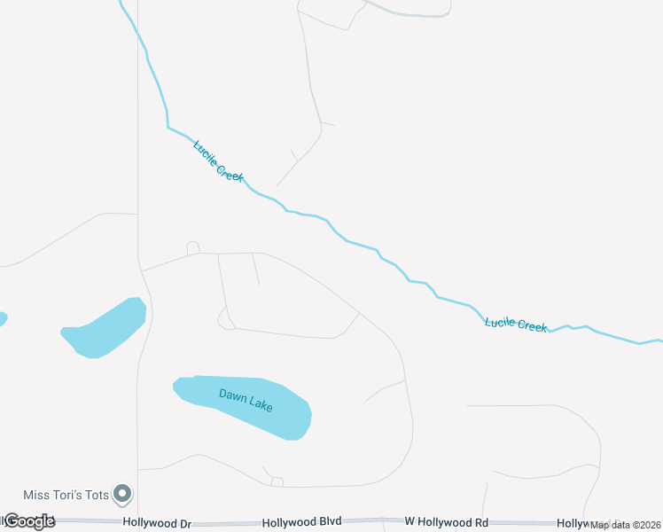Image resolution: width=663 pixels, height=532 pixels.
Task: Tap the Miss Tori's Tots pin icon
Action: pyautogui.click(x=124, y=493)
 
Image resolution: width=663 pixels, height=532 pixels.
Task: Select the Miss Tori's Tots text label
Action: pyautogui.click(x=66, y=494)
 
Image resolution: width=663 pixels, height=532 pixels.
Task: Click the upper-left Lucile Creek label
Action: pyautogui.click(x=218, y=160)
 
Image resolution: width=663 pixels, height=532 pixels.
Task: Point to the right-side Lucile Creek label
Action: pyautogui.click(x=516, y=324)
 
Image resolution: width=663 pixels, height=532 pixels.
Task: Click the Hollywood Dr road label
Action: pyautogui.click(x=157, y=524)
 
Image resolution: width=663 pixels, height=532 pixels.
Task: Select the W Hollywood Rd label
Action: pyautogui.click(x=446, y=524)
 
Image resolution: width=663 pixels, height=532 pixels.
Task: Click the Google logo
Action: pyautogui.click(x=28, y=521)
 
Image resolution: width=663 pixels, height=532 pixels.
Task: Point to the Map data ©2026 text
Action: pyautogui.click(x=626, y=525)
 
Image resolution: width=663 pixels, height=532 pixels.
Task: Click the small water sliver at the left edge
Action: pyautogui.click(x=2, y=318)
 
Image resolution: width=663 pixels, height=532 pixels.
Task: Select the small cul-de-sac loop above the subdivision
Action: pyautogui.click(x=193, y=247)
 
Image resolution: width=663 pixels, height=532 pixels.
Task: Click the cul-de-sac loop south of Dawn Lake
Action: pyautogui.click(x=277, y=481)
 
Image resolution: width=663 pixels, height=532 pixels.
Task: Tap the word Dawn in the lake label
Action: pyautogui.click(x=232, y=393)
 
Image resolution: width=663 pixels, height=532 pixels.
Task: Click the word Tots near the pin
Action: pyautogui.click(x=95, y=494)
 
